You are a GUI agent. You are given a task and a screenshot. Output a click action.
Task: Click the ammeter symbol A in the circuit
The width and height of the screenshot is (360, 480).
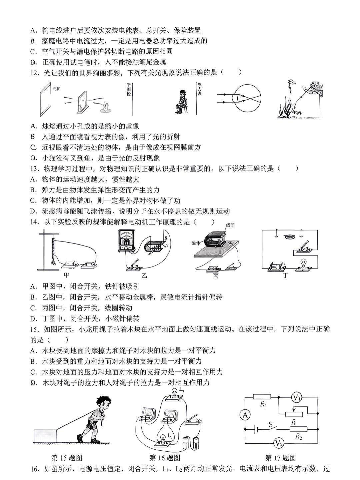pos(245,415)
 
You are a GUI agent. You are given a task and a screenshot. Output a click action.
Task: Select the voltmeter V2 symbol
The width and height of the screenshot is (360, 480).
pos(279,443)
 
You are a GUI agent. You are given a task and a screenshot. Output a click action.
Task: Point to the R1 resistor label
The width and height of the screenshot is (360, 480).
pos(264,404)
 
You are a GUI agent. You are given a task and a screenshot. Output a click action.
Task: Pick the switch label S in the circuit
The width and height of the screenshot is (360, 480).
pos(271,424)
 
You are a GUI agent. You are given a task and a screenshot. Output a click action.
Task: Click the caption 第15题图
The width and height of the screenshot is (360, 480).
pos(67,458)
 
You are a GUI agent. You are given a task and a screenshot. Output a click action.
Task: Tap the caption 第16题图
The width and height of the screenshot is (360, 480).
pos(165,458)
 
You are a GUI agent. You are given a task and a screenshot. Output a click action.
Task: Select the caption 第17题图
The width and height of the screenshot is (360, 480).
pos(280,458)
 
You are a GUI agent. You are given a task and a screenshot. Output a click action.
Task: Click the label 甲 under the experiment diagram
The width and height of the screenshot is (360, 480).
pos(67,275)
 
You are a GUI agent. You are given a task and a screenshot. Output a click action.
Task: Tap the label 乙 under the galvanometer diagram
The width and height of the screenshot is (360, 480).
pos(144,275)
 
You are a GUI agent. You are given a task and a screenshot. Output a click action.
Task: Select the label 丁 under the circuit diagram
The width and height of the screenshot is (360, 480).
pos(285,275)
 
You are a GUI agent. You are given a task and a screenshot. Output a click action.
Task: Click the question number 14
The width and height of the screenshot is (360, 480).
pos(35,222)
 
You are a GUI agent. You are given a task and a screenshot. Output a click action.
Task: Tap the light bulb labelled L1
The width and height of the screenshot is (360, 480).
pos(174,393)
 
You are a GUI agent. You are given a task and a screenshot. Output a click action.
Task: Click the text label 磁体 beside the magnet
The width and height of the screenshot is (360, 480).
pos(196,243)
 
